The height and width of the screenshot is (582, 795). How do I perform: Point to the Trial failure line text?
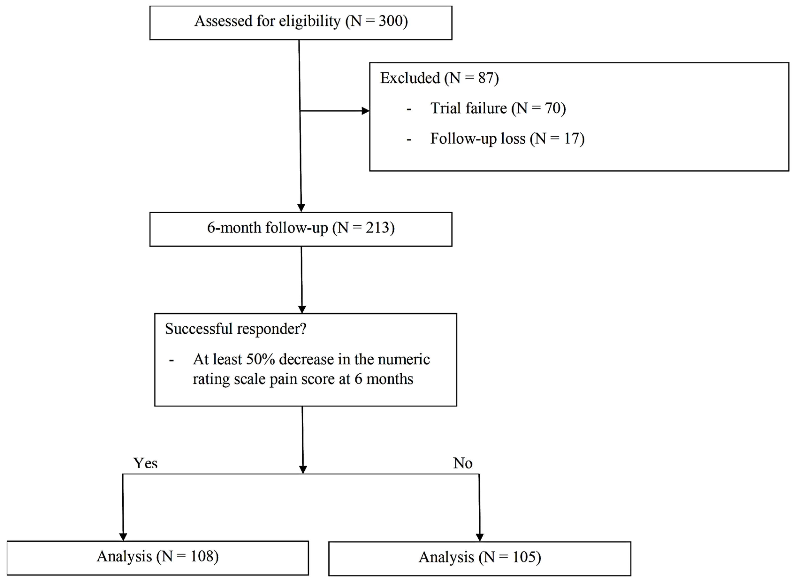pyautogui.click(x=498, y=109)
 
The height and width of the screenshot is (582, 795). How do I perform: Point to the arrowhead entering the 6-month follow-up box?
pyautogui.click(x=301, y=208)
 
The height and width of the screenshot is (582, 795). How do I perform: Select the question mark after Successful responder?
pyautogui.click(x=303, y=329)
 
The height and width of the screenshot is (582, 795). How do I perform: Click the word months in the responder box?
pyautogui.click(x=389, y=379)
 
